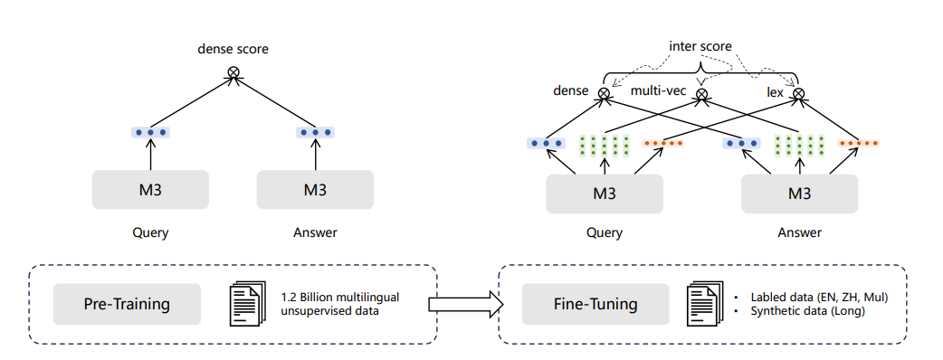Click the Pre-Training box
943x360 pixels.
[127, 304]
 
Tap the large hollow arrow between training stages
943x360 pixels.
[466, 304]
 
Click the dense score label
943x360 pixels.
[233, 49]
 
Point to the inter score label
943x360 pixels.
[700, 46]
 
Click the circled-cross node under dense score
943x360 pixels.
[233, 72]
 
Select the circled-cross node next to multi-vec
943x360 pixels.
[701, 94]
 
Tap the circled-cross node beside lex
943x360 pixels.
[798, 93]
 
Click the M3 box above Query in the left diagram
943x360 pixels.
[150, 190]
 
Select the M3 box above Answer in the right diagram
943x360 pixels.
[799, 194]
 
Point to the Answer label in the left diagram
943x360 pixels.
[315, 232]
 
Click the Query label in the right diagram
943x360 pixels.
[605, 232]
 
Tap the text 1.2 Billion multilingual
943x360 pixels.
[339, 298]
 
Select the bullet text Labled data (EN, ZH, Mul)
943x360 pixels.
[820, 298]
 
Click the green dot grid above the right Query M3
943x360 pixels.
[605, 145]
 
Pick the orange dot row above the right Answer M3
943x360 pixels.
[859, 144]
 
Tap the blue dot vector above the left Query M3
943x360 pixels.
[150, 132]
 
